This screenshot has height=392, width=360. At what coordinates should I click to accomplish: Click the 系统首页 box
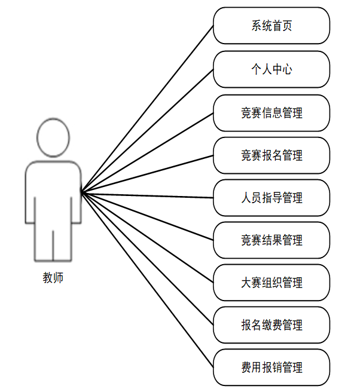click(x=271, y=26)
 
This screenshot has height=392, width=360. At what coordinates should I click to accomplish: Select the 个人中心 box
click(x=271, y=69)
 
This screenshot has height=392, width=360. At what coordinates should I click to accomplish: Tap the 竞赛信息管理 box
click(x=271, y=113)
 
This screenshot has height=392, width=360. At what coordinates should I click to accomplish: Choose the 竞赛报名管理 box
click(x=271, y=155)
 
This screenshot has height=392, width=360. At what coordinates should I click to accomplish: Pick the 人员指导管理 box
click(x=271, y=198)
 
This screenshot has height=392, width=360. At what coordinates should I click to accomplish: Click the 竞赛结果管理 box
click(x=271, y=240)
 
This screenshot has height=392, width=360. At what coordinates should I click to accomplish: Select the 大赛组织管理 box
click(x=271, y=283)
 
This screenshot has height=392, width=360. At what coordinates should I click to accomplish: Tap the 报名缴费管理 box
click(x=271, y=325)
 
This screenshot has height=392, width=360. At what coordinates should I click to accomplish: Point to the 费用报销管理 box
click(x=271, y=367)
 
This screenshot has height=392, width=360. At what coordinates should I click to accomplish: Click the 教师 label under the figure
click(x=53, y=277)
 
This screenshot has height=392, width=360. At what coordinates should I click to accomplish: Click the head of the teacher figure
click(x=53, y=137)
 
